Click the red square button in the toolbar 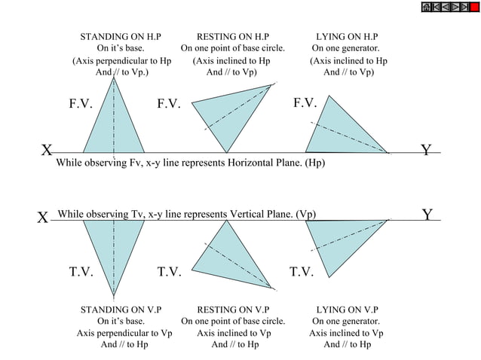click(x=474, y=8)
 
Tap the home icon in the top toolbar click(x=427, y=8)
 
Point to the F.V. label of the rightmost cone click(x=305, y=102)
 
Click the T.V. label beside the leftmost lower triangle click(x=81, y=272)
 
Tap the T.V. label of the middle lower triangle click(x=170, y=272)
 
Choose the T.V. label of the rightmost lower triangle click(x=302, y=272)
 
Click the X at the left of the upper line click(x=47, y=151)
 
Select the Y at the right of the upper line click(x=427, y=151)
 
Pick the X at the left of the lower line click(x=44, y=218)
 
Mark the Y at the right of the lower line click(x=427, y=215)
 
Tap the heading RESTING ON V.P click(x=232, y=310)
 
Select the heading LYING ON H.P click(x=347, y=36)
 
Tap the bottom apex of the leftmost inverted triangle click(x=115, y=294)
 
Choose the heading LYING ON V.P click(x=347, y=310)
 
